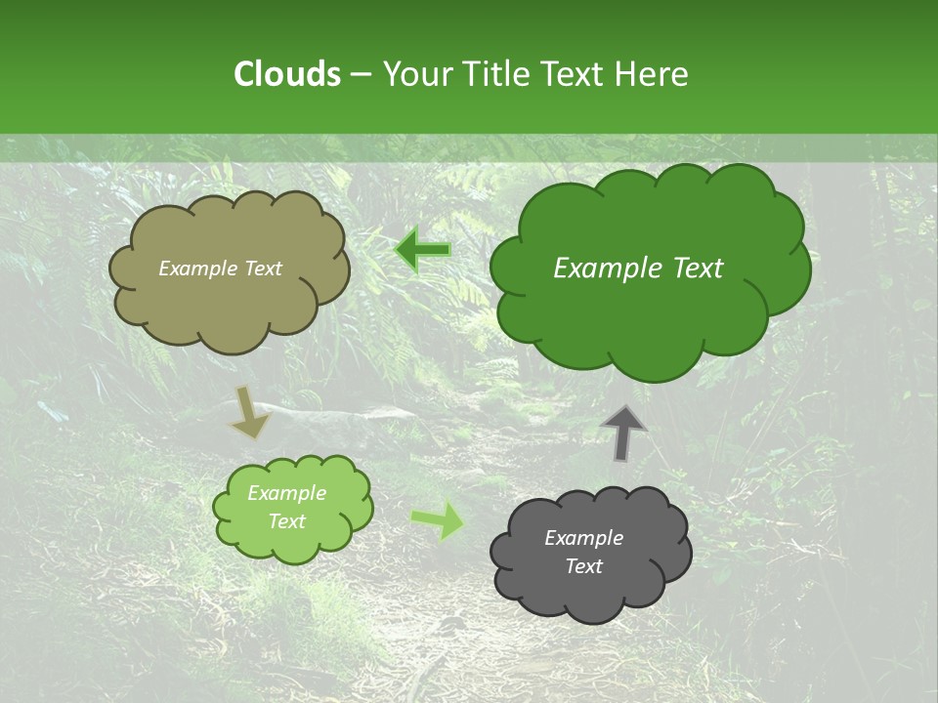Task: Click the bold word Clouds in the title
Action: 286,74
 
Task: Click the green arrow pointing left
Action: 423,250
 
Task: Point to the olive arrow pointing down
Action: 250,411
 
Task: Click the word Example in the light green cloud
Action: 286,493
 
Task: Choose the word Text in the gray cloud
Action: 583,566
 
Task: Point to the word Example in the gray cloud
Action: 583,538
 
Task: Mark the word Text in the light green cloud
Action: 286,521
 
